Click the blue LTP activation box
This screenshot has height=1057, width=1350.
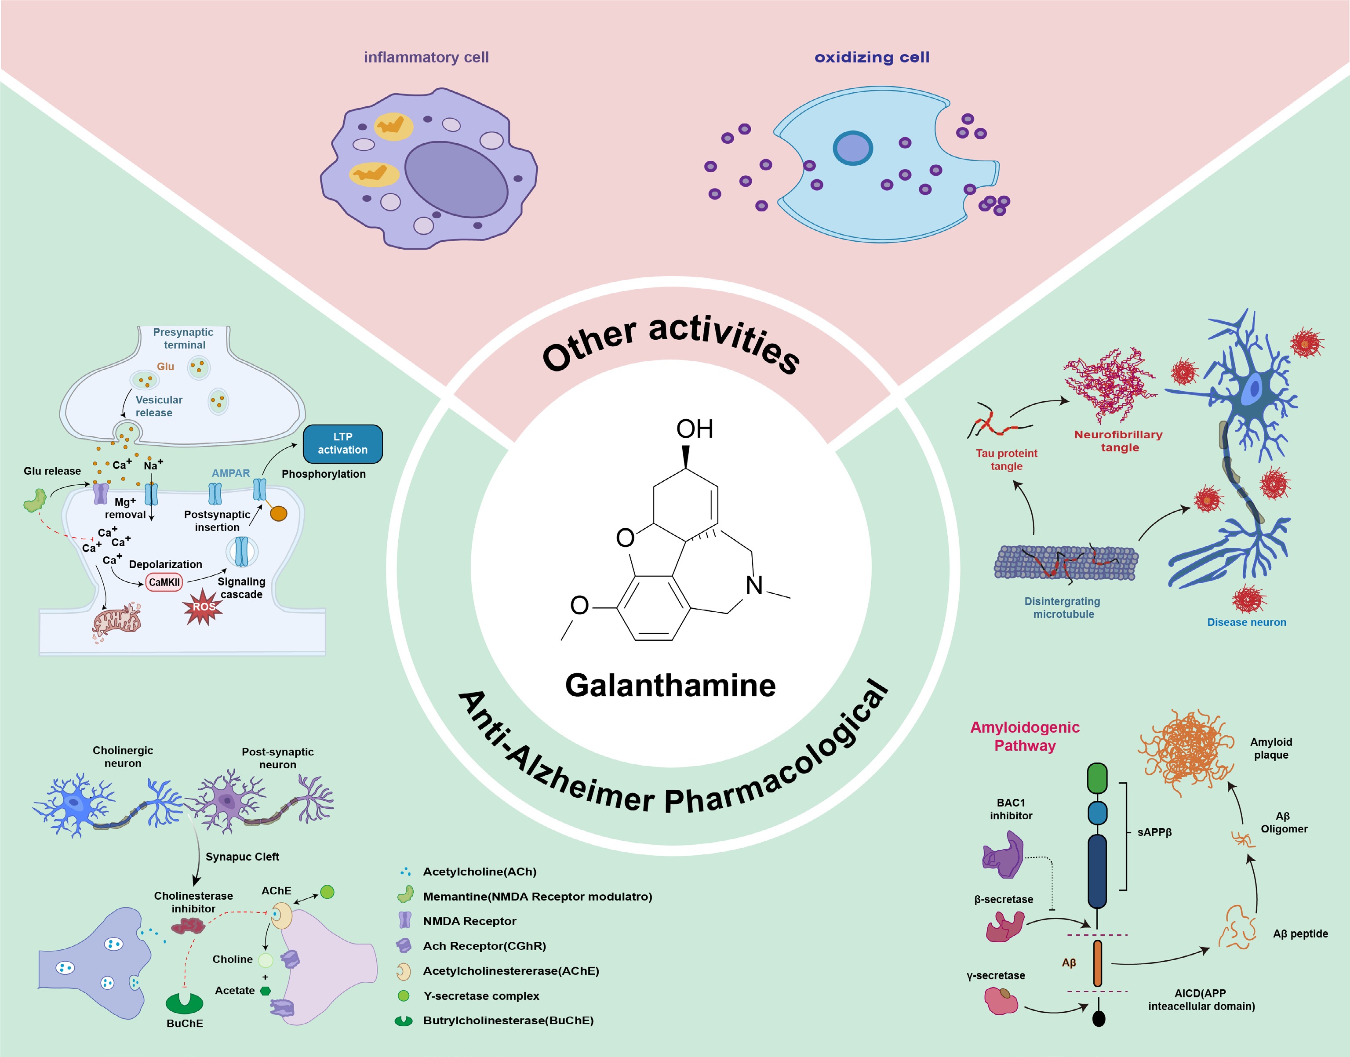click(342, 444)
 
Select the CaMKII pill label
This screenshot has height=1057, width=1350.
click(164, 582)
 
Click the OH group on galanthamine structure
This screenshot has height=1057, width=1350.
click(695, 429)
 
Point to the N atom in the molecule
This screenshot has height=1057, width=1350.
click(754, 585)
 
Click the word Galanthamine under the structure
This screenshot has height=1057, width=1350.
click(670, 686)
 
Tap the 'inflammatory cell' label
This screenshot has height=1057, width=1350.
click(426, 58)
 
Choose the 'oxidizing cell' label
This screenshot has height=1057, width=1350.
click(872, 58)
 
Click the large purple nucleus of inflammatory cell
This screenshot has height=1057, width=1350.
click(456, 179)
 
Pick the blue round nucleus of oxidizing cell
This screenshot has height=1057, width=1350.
click(852, 149)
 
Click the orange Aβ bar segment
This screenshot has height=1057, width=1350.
click(1098, 963)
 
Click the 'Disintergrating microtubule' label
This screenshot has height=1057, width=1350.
click(1062, 608)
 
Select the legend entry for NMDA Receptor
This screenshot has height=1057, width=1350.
click(469, 921)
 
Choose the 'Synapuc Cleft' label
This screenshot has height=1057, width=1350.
click(242, 857)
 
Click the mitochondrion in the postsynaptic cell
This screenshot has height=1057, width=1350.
click(117, 621)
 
